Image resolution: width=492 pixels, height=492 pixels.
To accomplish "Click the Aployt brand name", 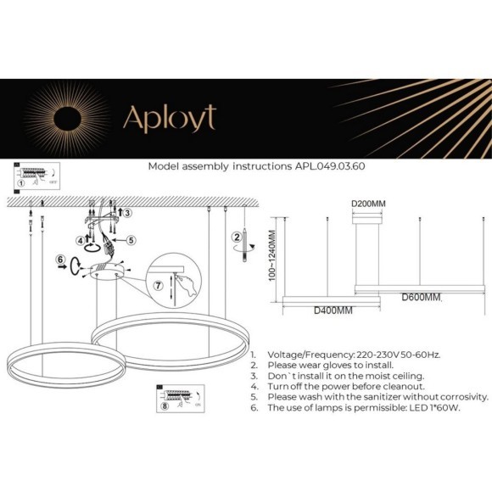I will (x=170, y=118).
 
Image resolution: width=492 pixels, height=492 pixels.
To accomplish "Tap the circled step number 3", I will (x=127, y=213).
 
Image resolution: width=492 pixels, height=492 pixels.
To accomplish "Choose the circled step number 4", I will (x=79, y=240).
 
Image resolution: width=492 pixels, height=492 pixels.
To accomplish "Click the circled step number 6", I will (x=60, y=260).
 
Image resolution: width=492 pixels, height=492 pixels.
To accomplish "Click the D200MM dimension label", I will (x=368, y=204).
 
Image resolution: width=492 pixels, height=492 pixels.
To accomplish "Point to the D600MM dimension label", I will (x=422, y=298).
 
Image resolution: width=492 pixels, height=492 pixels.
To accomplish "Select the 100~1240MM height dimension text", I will (x=273, y=260).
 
